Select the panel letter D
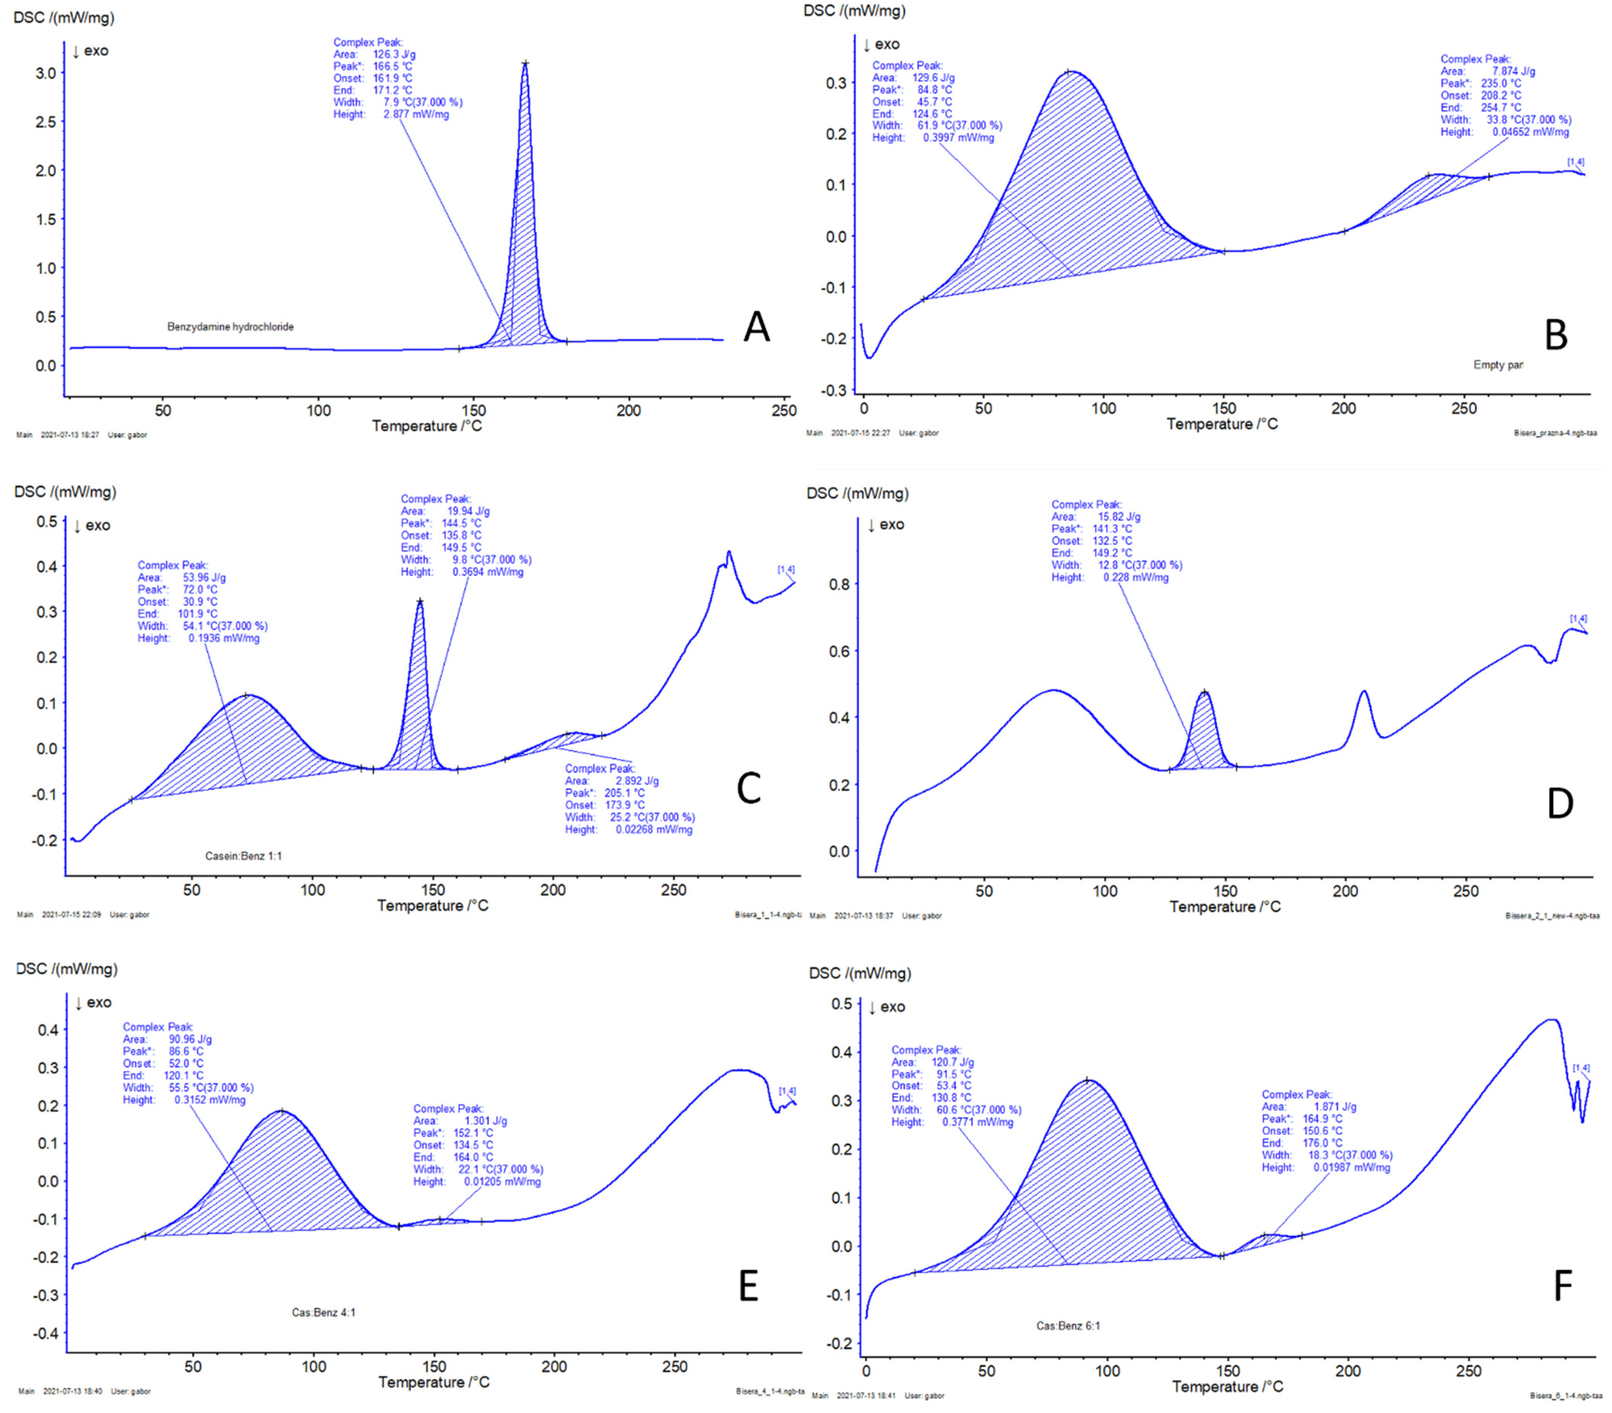(1560, 804)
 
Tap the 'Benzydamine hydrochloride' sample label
(230, 326)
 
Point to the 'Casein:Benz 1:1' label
(244, 855)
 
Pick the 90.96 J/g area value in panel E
(190, 1039)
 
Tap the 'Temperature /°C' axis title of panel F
(1227, 1386)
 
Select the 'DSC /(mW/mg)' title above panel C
(65, 492)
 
